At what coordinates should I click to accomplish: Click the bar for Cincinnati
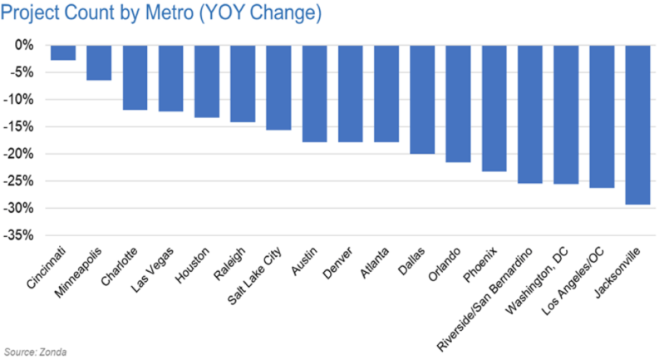tap(63, 53)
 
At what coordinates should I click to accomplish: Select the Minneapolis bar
tap(99, 62)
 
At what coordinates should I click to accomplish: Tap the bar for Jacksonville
tap(637, 125)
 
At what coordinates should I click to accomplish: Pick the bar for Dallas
tap(422, 100)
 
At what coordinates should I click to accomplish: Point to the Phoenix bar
tap(494, 108)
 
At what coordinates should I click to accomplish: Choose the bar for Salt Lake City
tap(278, 87)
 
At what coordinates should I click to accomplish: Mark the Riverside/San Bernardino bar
tap(530, 115)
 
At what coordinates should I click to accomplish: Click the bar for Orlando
tap(458, 104)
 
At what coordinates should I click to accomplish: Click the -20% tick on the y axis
tap(18, 154)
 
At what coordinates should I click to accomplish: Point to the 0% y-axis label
tap(24, 45)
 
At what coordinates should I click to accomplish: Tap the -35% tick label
tap(18, 235)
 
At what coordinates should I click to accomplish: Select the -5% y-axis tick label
tap(21, 72)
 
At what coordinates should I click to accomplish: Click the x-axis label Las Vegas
tap(152, 269)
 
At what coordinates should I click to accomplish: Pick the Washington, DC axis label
tap(537, 281)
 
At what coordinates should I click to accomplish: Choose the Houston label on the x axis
tap(193, 265)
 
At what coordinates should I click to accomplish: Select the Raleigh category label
tap(229, 264)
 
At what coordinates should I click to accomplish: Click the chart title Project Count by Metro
tap(161, 12)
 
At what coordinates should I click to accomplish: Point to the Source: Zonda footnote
tap(35, 352)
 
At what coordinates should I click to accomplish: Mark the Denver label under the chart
tap(337, 263)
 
